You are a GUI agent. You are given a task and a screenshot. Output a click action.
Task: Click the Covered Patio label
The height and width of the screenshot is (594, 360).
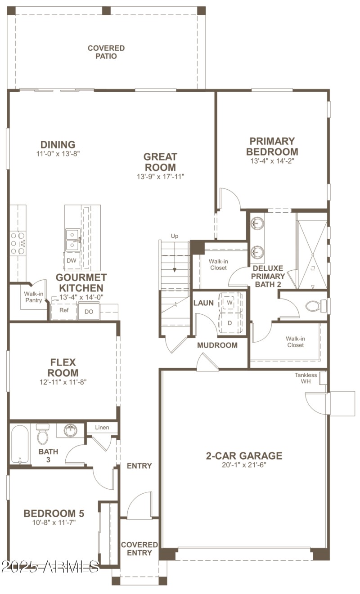(x=106, y=52)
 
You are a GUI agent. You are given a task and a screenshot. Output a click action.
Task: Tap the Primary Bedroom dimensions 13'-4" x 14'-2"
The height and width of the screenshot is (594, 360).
(x=272, y=161)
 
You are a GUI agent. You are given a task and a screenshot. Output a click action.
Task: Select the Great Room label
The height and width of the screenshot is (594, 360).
(x=160, y=162)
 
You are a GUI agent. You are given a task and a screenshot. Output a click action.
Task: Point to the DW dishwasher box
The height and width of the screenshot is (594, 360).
(x=71, y=260)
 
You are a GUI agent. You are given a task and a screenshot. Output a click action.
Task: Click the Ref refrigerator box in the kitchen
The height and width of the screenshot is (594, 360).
(x=63, y=311)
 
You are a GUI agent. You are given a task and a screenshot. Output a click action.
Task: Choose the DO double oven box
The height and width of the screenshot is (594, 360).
(x=89, y=311)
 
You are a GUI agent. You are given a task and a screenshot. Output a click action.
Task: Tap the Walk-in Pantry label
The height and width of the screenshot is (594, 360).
(x=33, y=297)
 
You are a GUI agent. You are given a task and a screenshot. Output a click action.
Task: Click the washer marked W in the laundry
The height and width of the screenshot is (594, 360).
(x=229, y=303)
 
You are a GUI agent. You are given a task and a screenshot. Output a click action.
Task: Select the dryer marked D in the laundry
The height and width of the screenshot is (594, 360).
(x=229, y=323)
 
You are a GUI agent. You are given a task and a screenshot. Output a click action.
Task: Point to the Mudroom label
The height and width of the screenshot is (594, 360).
(x=217, y=345)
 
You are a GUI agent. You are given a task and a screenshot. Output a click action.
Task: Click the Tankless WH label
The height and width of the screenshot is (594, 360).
(x=306, y=378)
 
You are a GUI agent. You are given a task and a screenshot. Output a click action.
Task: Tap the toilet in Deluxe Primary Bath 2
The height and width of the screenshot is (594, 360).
(x=313, y=307)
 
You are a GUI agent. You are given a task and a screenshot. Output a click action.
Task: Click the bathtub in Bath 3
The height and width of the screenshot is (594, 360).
(x=20, y=444)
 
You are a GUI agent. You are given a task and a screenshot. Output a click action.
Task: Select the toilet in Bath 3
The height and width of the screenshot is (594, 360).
(x=43, y=435)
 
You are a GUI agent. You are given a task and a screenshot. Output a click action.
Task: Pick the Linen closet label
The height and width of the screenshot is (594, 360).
(x=102, y=427)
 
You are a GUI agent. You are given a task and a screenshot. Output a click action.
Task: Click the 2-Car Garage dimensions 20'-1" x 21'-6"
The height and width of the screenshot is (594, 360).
(x=244, y=465)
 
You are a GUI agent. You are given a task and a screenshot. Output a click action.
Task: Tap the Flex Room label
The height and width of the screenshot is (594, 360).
(x=63, y=367)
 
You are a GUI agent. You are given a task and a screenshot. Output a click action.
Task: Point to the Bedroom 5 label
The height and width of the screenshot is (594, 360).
(x=54, y=514)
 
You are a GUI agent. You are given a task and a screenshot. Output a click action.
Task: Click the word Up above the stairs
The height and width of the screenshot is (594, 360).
(x=175, y=236)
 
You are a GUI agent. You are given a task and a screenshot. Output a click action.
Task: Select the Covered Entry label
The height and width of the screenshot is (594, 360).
(x=139, y=549)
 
